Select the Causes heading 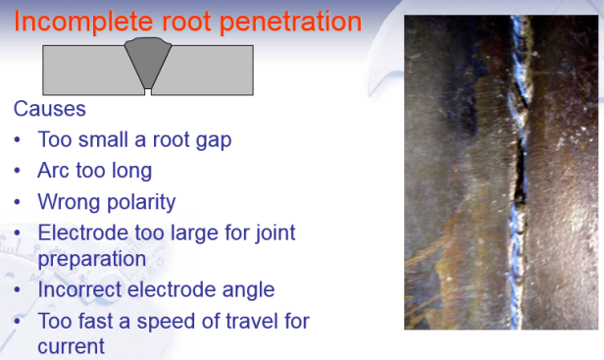click(50, 108)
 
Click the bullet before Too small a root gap click(19, 139)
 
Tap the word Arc click(55, 171)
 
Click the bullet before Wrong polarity click(19, 202)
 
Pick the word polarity click(139, 202)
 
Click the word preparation click(92, 258)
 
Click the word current click(71, 346)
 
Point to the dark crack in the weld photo click(512, 172)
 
